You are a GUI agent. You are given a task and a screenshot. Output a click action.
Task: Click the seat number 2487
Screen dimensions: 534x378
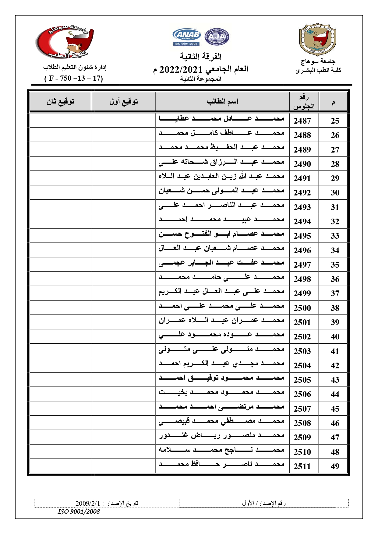click(302, 121)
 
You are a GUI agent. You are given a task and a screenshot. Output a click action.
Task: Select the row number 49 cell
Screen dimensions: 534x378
click(335, 466)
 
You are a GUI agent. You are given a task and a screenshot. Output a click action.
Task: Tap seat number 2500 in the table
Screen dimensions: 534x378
click(302, 308)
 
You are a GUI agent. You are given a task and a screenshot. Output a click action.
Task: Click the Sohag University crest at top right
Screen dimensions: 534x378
click(317, 40)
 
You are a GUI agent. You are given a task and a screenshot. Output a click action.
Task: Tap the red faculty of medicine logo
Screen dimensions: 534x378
click(65, 41)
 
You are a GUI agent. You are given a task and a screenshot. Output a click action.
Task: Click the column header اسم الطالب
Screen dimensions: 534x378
click(222, 102)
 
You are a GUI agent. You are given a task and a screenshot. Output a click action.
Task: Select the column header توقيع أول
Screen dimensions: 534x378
click(124, 102)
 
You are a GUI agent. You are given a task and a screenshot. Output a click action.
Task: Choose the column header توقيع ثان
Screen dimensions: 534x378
click(61, 102)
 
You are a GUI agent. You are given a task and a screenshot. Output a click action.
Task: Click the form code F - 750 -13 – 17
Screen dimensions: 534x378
click(74, 79)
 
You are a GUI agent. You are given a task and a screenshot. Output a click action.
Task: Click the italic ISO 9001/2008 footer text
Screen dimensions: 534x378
click(79, 511)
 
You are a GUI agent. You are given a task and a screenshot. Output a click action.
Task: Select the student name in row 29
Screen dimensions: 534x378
click(221, 177)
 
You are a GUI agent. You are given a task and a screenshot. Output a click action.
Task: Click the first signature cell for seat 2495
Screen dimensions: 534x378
click(123, 236)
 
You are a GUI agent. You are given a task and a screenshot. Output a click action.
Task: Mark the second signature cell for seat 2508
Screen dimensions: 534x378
click(61, 423)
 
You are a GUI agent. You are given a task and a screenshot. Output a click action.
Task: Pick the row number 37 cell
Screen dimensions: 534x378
click(335, 293)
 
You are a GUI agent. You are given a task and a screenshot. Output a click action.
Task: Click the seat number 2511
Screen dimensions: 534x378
click(302, 466)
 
